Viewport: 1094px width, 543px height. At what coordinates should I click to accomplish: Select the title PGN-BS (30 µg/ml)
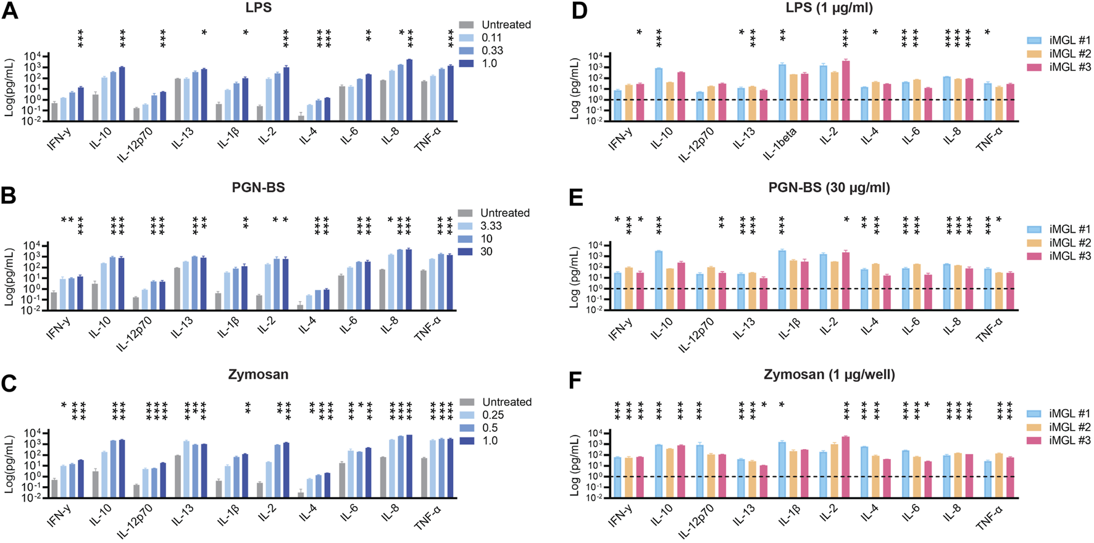click(829, 187)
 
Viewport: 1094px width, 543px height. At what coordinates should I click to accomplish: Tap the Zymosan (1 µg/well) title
click(829, 374)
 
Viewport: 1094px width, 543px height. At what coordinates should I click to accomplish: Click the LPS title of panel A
click(258, 8)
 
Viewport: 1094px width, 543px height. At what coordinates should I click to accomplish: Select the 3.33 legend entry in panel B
click(491, 226)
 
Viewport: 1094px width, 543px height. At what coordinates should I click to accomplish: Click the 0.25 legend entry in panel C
click(493, 415)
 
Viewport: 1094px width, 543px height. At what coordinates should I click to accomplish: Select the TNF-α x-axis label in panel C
click(428, 516)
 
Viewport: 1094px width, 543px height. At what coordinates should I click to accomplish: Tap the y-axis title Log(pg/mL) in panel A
click(9, 88)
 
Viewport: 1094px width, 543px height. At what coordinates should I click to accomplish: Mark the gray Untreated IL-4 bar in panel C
click(301, 494)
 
